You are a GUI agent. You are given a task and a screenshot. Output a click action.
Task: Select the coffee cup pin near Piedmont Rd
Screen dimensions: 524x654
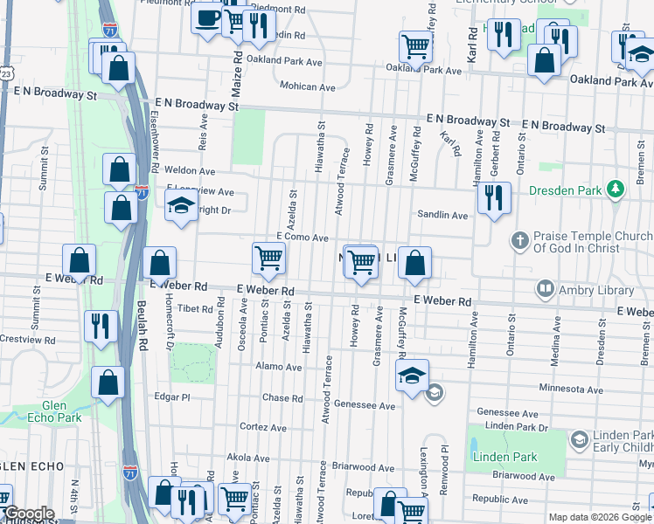[x=207, y=18]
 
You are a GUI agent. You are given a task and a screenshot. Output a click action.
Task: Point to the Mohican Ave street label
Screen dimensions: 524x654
[x=308, y=87]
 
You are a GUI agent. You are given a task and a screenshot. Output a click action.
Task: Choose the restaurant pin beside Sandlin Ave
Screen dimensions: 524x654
[x=495, y=199]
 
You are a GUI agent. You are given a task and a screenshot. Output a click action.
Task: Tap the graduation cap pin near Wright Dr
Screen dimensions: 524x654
[x=182, y=207]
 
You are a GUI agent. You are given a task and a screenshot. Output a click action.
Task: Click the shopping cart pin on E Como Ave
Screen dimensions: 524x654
[x=268, y=258]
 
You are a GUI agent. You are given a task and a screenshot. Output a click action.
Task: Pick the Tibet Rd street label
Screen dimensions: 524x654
[x=194, y=309]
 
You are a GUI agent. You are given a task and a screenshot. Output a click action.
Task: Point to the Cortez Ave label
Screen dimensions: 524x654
[x=263, y=428]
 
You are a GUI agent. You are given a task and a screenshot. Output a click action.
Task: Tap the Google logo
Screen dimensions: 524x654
[x=29, y=514]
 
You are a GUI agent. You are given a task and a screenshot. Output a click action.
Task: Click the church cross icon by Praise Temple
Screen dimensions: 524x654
[x=519, y=239]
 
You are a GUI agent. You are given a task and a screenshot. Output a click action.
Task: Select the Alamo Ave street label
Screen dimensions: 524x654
[x=280, y=368]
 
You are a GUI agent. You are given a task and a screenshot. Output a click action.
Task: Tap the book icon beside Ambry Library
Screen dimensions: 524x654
[x=546, y=287]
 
